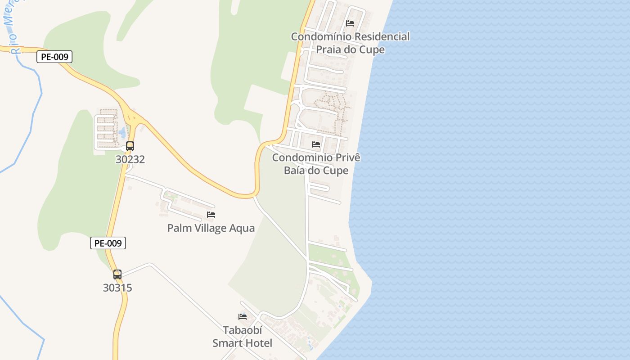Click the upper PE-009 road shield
point(54,57)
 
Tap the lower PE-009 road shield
point(108,243)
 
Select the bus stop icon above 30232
point(130,146)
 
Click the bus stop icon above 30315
point(117,274)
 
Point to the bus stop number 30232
point(130,159)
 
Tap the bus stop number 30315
point(117,288)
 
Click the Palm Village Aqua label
point(211,228)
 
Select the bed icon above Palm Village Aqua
point(211,215)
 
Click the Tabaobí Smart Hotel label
point(242,337)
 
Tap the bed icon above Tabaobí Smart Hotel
point(243,316)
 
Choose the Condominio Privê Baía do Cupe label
point(316,164)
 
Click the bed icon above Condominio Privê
point(316,144)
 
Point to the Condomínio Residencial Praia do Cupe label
point(350,43)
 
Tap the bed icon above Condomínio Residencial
point(350,23)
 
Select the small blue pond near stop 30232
point(122,132)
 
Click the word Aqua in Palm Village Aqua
point(242,228)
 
